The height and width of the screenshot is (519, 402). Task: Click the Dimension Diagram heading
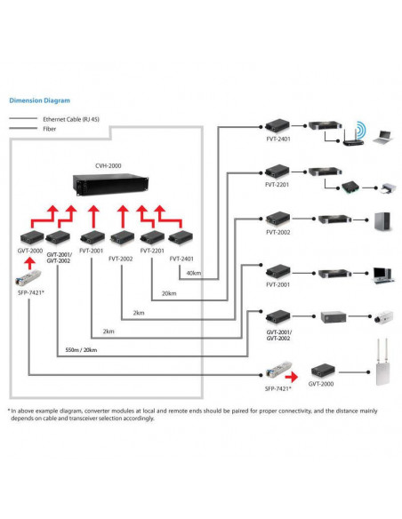(40, 100)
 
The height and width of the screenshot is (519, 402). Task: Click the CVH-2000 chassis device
(110, 185)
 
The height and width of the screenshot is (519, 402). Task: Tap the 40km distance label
(194, 273)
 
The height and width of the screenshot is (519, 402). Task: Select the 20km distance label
(169, 293)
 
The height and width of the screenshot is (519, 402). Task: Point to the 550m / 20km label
(81, 350)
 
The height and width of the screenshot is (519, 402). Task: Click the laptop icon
(383, 138)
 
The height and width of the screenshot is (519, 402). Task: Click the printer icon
(389, 188)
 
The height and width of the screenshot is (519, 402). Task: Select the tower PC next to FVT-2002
(382, 221)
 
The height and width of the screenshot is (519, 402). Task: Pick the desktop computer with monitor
(383, 275)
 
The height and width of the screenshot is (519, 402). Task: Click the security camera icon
(383, 316)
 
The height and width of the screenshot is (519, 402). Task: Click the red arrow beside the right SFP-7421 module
(292, 377)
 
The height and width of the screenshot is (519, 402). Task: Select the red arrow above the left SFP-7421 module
(30, 264)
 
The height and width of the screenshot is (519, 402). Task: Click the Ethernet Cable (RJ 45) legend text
(71, 119)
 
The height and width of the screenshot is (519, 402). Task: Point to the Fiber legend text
(49, 129)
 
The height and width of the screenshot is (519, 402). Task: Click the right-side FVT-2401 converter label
(278, 139)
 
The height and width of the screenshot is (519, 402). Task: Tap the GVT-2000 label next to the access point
(321, 384)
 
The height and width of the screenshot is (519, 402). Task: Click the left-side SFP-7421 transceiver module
(28, 277)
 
